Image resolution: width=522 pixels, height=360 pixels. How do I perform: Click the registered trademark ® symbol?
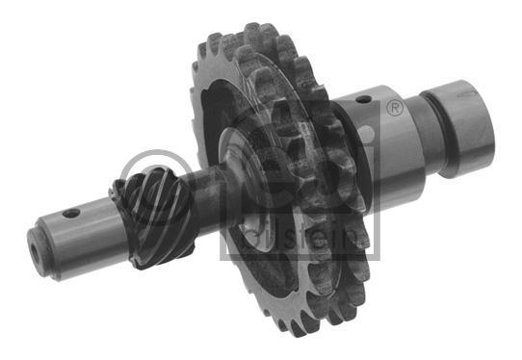coord(395,108)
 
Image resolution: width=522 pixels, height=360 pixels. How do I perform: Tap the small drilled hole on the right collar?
coord(363,99)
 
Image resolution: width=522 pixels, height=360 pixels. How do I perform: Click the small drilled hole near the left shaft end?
coord(71,214)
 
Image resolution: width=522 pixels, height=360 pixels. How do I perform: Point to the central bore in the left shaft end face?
coord(35,252)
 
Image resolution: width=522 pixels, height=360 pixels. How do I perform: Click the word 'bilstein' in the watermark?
coord(303,239)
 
